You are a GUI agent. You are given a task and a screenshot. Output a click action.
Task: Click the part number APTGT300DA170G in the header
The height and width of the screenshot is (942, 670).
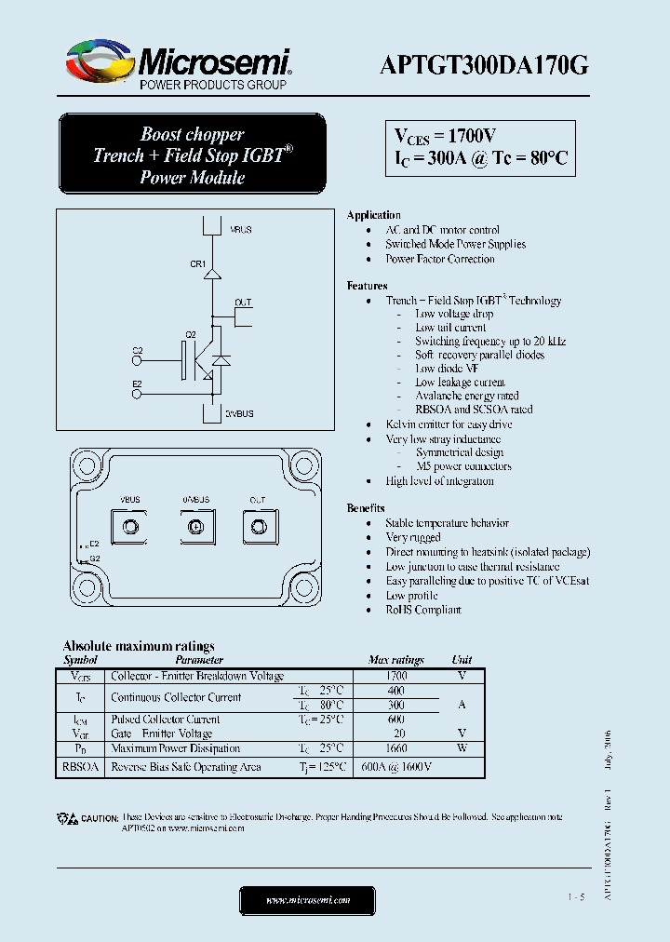[484, 64]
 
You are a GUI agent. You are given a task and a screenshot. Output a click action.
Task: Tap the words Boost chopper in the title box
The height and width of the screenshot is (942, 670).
[193, 134]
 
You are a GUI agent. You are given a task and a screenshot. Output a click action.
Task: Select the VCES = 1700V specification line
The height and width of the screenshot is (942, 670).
[445, 137]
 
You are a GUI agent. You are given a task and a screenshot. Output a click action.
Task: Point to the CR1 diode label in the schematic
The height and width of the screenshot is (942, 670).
[197, 264]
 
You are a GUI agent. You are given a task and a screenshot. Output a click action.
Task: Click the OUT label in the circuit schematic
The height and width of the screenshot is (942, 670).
[243, 303]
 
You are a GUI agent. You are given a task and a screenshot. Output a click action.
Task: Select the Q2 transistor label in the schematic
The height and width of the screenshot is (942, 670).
[191, 334]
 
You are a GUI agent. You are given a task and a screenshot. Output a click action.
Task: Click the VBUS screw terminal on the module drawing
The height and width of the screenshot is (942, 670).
[130, 528]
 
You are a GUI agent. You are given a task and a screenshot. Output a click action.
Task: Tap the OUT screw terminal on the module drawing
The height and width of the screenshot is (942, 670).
[257, 528]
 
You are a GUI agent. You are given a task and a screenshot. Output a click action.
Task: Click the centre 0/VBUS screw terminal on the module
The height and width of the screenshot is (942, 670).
[195, 528]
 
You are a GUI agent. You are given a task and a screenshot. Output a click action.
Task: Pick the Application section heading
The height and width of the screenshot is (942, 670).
[373, 215]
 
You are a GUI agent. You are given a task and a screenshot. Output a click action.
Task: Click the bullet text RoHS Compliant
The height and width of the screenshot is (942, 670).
[423, 610]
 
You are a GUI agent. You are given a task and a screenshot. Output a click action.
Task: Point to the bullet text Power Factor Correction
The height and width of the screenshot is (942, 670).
[440, 259]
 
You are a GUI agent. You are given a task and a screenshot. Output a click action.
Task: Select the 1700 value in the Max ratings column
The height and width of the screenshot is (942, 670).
[395, 676]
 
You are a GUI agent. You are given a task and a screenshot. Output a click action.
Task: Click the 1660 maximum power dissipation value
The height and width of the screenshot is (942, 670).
[395, 748]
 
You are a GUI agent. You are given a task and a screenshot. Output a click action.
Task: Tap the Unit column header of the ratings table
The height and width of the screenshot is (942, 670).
[462, 660]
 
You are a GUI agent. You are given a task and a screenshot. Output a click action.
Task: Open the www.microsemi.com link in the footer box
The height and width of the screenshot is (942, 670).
[308, 900]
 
